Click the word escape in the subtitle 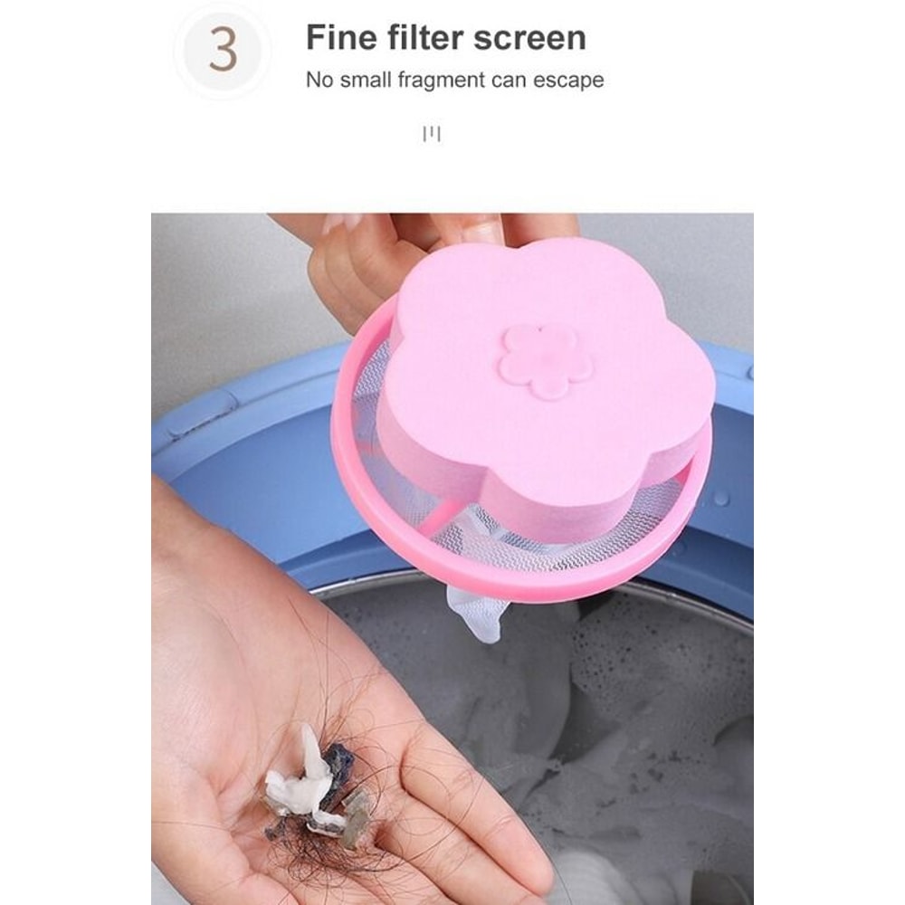(568, 80)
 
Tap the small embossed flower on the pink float (547, 361)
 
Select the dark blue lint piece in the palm (339, 769)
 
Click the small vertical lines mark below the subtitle (433, 134)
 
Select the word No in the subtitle (320, 80)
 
